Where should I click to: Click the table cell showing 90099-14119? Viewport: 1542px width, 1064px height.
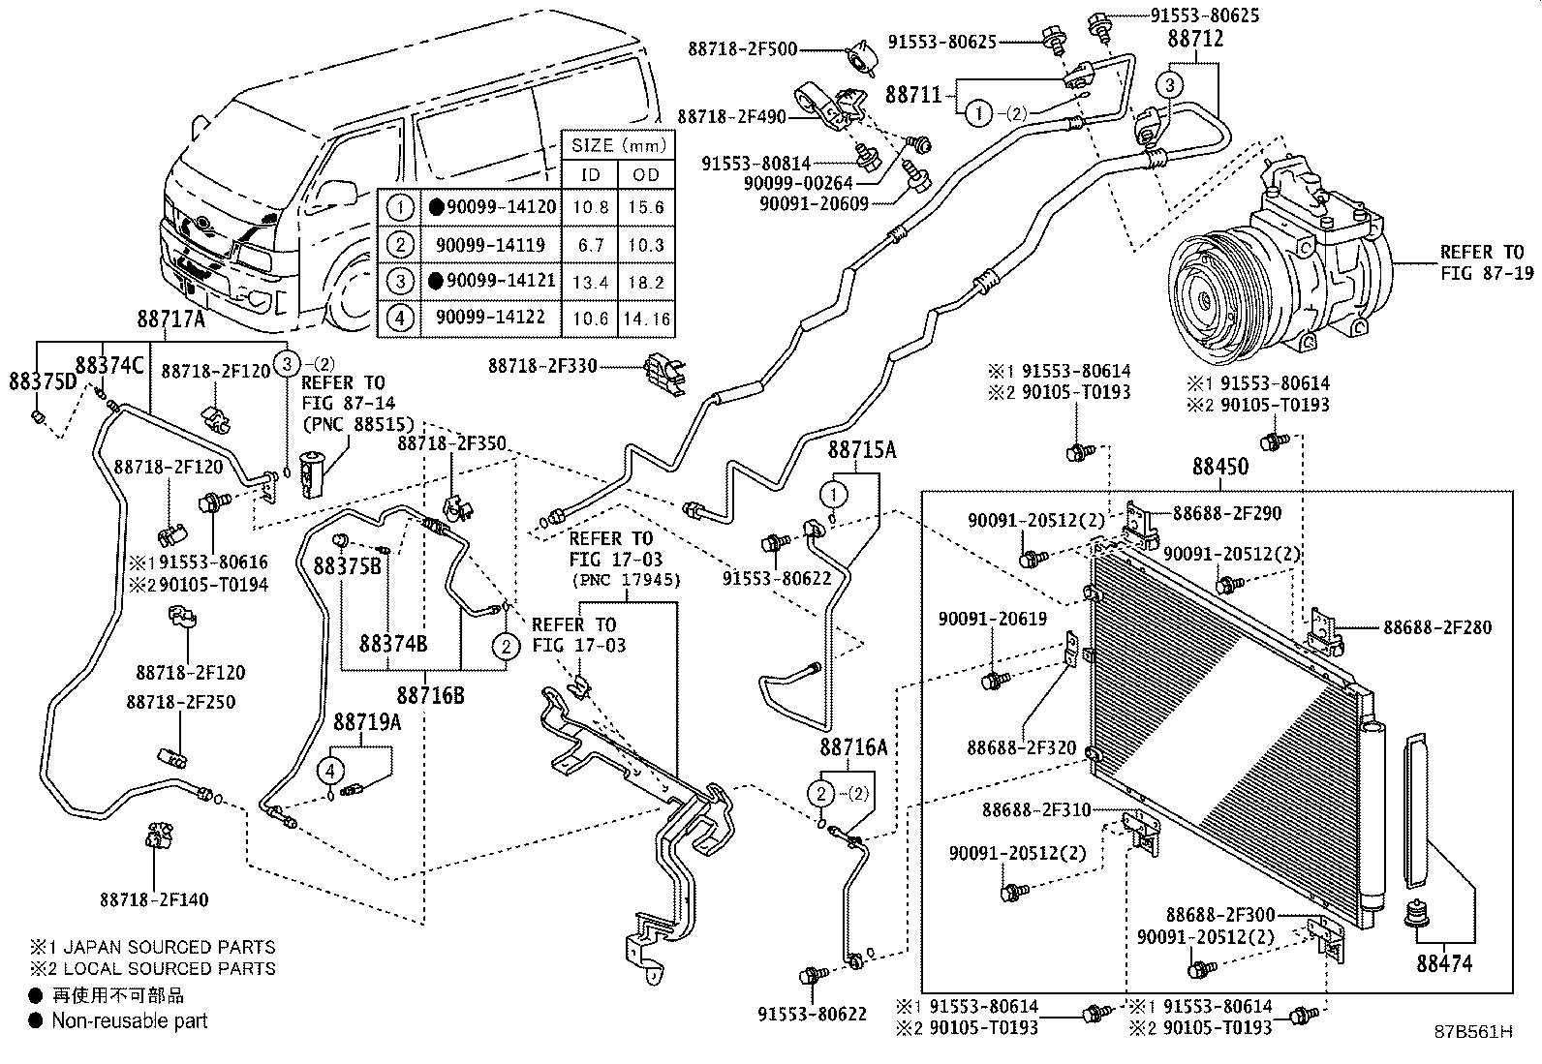pos(491,244)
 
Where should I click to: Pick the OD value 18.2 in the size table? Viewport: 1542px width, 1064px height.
pos(645,282)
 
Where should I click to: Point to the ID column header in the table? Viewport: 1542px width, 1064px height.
pos(590,174)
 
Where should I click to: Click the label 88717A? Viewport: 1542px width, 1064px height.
pos(170,319)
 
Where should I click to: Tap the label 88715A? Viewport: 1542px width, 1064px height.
pos(861,450)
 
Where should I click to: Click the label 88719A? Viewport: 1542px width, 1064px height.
pos(367,722)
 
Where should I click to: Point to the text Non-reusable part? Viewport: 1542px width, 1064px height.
pos(129,1020)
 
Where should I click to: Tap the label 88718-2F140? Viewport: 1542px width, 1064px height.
pos(152,899)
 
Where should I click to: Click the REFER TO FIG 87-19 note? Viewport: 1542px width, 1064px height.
pos(1481,262)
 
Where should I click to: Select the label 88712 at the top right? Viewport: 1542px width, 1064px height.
pos(1194,40)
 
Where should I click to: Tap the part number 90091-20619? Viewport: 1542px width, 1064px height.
pos(992,619)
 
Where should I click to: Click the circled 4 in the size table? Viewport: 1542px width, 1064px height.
pos(398,319)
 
